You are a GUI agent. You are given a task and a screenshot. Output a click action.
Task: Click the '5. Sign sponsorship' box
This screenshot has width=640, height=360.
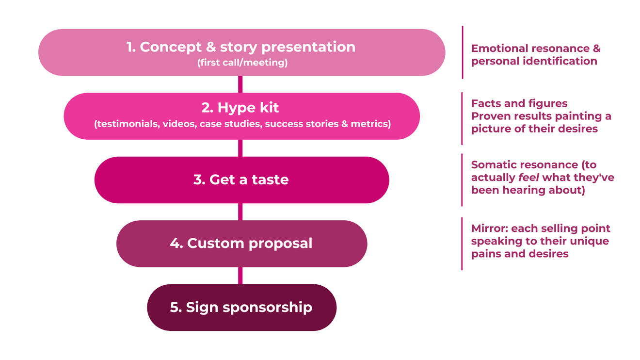(241, 308)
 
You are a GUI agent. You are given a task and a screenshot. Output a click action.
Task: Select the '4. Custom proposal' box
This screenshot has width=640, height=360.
(241, 244)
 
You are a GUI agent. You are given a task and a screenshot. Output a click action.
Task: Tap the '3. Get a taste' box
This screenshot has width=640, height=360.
(241, 180)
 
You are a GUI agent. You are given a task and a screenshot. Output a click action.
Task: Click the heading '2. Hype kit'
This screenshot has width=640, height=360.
(241, 107)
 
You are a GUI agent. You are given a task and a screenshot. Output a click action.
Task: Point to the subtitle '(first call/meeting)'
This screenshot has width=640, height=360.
(242, 63)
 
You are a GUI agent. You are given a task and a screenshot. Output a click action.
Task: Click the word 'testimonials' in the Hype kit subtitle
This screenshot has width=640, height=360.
(128, 124)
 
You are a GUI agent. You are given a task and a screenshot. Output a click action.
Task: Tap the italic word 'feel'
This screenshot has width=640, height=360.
(526, 178)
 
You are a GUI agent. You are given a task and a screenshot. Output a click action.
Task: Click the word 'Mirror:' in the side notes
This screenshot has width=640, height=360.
(489, 229)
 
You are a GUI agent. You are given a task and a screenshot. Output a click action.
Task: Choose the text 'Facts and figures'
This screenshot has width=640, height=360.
(519, 103)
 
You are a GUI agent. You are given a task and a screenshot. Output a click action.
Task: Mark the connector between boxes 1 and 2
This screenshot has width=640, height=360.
(240, 84)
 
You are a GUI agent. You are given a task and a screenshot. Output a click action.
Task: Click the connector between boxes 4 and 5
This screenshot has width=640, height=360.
(240, 276)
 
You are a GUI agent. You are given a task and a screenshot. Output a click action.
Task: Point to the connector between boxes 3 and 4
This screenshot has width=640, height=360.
(240, 212)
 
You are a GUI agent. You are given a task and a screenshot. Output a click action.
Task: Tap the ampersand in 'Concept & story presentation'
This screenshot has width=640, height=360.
(208, 47)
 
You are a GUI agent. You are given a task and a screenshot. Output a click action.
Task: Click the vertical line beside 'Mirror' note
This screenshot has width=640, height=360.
(462, 244)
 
